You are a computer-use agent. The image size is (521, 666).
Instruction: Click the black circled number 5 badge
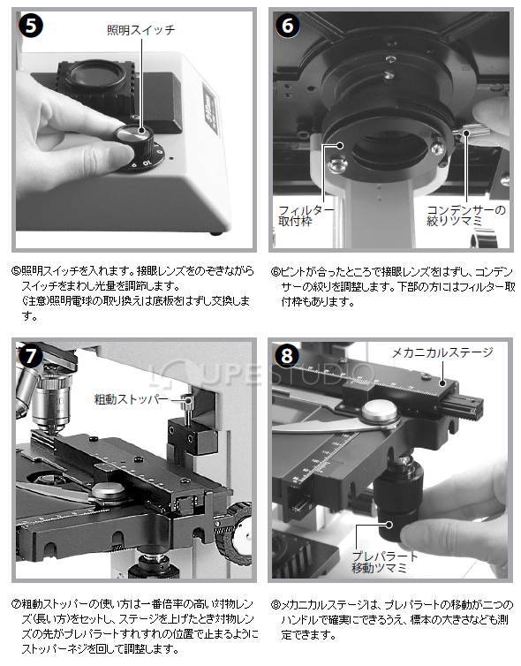[x=31, y=26]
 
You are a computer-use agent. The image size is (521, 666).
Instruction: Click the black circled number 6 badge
[x=288, y=26]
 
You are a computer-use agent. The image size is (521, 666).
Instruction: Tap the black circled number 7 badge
[x=29, y=355]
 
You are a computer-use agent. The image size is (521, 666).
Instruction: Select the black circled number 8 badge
[x=287, y=355]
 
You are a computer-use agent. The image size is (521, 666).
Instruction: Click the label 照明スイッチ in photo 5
[x=141, y=30]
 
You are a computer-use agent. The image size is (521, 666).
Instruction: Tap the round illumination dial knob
[x=134, y=139]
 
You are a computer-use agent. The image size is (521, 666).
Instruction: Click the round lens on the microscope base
[x=97, y=76]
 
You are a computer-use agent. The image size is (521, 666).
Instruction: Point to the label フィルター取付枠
[x=306, y=216]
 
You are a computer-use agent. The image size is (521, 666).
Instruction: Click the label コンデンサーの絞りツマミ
[x=465, y=216]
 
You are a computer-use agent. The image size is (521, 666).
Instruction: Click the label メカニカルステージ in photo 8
[x=442, y=352]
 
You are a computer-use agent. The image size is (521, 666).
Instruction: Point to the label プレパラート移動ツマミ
[x=385, y=563]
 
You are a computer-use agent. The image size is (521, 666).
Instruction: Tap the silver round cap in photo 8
[x=380, y=411]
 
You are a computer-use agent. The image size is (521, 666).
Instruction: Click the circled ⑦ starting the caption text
[x=17, y=604]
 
